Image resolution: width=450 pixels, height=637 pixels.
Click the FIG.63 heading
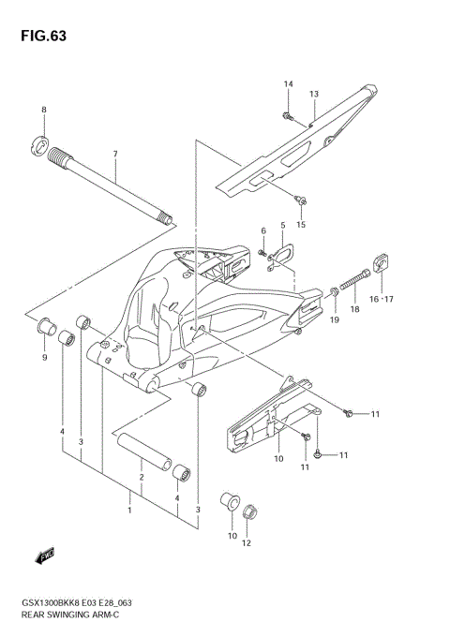click(x=37, y=36)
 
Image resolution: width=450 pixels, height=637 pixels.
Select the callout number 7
click(x=115, y=154)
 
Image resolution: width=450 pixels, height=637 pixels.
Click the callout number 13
click(x=315, y=94)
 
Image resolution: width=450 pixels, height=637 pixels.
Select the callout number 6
click(x=263, y=231)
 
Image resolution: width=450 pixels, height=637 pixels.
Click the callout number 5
click(x=282, y=226)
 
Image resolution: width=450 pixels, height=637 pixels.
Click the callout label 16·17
click(x=382, y=299)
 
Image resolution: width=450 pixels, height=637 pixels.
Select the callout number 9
click(x=43, y=357)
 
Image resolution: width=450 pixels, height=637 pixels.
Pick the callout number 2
click(x=142, y=478)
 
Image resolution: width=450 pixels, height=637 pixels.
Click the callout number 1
click(x=130, y=511)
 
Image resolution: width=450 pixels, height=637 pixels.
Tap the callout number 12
click(x=247, y=542)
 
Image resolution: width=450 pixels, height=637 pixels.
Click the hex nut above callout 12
click(x=249, y=512)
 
